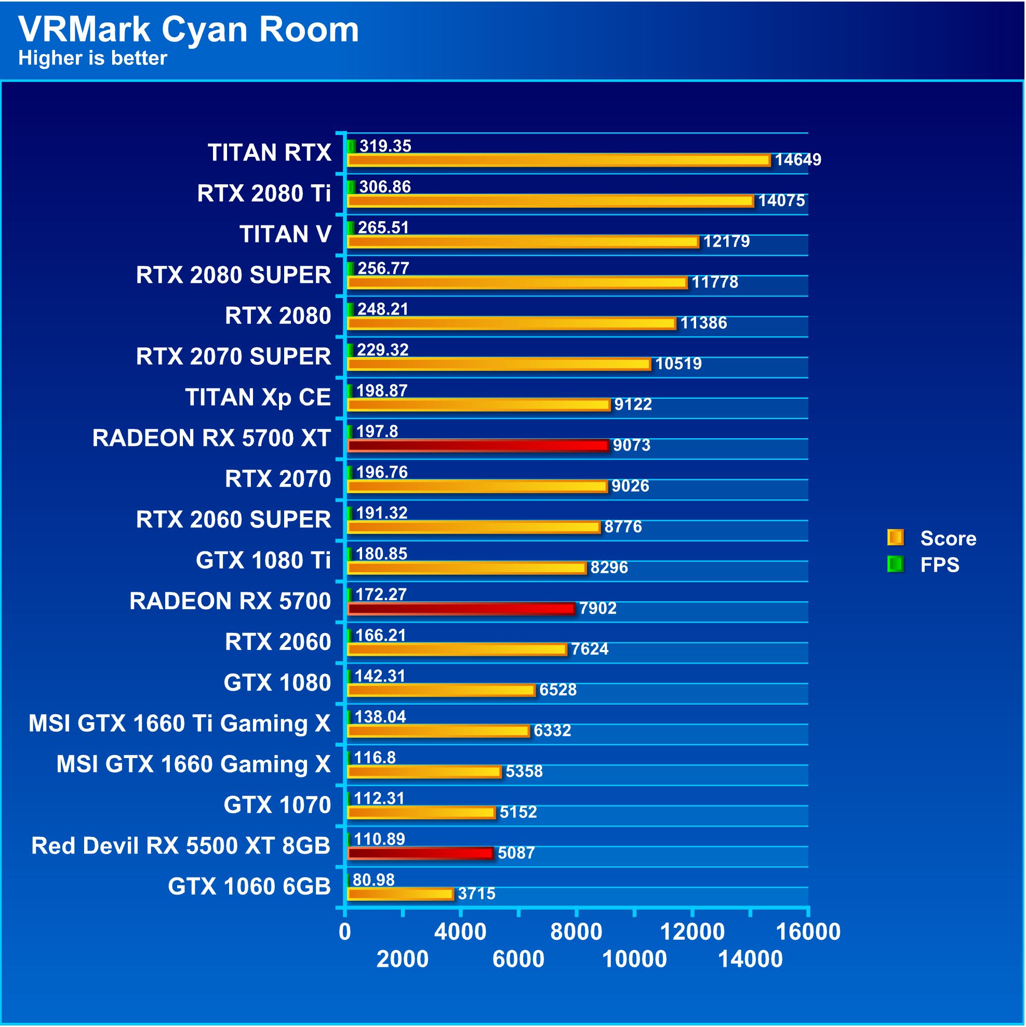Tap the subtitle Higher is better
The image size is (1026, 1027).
pyautogui.click(x=92, y=58)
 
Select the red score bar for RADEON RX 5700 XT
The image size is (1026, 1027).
pyautogui.click(x=477, y=445)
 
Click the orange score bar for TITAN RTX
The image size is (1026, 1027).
pyautogui.click(x=558, y=159)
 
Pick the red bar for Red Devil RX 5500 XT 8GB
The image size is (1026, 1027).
pyautogui.click(x=420, y=853)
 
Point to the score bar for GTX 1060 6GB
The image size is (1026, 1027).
pyautogui.click(x=400, y=894)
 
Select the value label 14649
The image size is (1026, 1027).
pyautogui.click(x=797, y=159)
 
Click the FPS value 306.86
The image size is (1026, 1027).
pyautogui.click(x=384, y=186)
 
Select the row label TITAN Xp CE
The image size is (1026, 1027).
pyautogui.click(x=258, y=397)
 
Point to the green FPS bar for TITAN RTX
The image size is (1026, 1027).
pyautogui.click(x=351, y=146)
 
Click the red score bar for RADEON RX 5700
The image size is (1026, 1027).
pyautogui.click(x=461, y=608)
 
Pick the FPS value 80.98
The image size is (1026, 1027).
pyautogui.click(x=374, y=880)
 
